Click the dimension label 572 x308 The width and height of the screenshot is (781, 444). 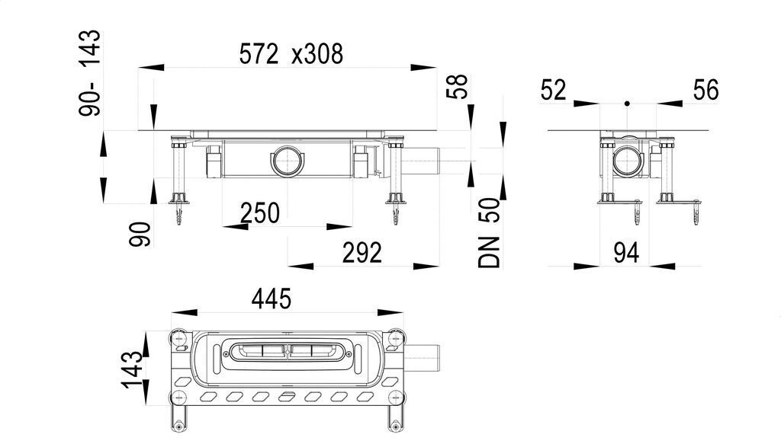291,54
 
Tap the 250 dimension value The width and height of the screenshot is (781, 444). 260,213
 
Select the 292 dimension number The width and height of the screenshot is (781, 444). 362,253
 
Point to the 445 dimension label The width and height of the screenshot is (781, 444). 272,299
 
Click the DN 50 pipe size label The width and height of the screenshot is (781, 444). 489,233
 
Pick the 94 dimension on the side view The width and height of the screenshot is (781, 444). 626,253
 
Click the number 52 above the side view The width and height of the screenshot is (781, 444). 554,91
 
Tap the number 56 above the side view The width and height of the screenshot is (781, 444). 705,91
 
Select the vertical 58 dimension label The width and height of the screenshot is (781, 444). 458,87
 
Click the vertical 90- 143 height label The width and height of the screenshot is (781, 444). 90,73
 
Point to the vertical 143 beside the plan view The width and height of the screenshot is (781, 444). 131,370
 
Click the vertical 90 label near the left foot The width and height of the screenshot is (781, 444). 140,234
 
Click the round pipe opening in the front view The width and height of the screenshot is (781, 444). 288,160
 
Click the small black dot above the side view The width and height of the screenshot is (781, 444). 627,104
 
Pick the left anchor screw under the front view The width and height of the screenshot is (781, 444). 179,214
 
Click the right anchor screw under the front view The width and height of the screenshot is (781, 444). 396,214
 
